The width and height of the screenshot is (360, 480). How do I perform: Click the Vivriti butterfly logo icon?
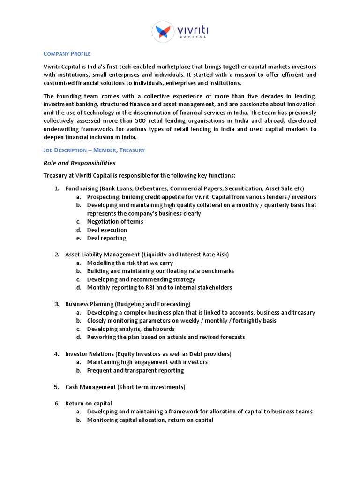point(164,32)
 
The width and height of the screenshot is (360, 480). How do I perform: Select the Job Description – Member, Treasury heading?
point(94,150)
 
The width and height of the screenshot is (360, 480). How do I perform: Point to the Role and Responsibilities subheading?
point(79,163)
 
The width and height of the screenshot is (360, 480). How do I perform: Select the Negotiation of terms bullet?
point(115,221)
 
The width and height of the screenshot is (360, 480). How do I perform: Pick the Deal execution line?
point(107,230)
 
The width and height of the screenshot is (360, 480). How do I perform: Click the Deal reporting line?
point(106,238)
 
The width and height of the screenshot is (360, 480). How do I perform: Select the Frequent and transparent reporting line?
point(135,370)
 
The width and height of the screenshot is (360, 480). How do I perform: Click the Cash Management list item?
point(125,387)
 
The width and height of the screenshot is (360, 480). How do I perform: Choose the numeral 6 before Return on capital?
point(55,404)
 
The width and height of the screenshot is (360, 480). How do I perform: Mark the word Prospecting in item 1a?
point(103,197)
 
